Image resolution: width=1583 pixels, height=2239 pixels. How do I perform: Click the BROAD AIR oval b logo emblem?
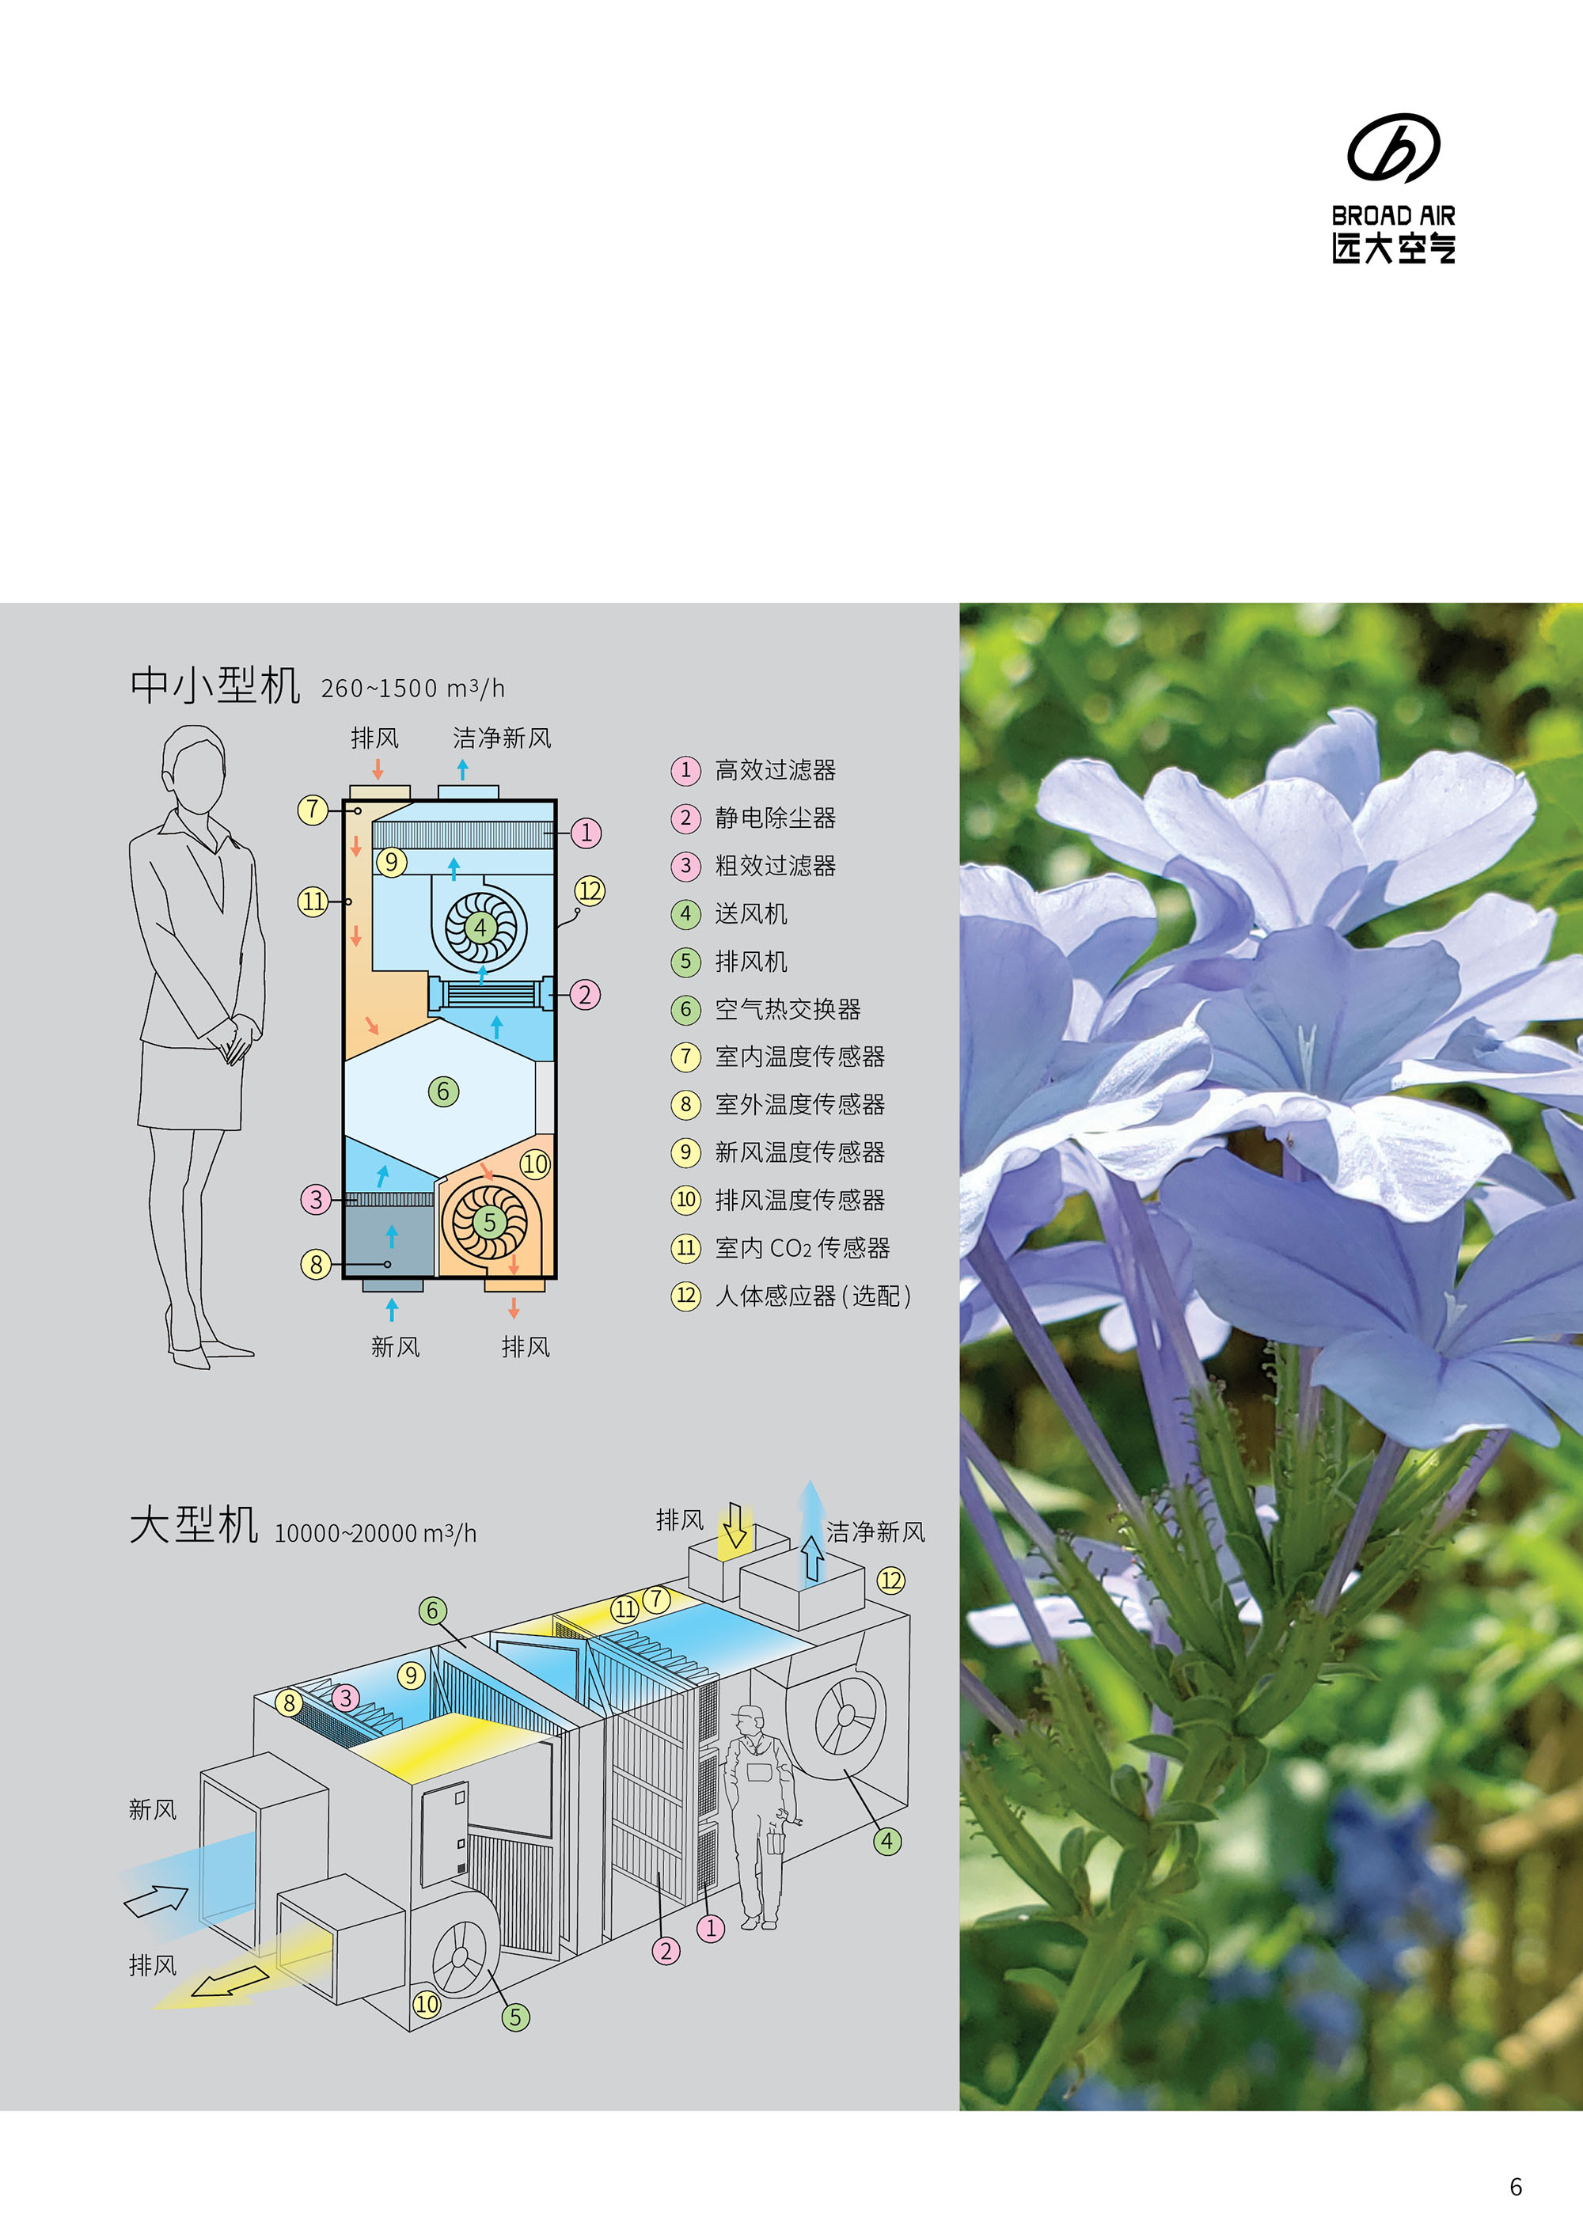pos(1394,148)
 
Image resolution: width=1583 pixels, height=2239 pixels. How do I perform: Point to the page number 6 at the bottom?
pos(1516,2186)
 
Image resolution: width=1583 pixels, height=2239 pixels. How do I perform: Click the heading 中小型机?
pos(214,685)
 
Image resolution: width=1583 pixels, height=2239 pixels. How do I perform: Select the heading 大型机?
pos(193,1524)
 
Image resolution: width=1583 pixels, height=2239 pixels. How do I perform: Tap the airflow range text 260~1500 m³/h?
pos(412,689)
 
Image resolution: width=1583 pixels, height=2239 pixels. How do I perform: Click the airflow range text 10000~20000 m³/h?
pos(375,1533)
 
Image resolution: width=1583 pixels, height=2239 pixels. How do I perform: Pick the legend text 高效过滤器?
pos(776,770)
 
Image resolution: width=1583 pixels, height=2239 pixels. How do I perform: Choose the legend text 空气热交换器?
pos(788,1009)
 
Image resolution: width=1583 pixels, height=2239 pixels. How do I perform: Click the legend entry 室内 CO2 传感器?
pos(803,1248)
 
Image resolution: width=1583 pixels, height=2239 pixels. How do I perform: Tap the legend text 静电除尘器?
pos(776,818)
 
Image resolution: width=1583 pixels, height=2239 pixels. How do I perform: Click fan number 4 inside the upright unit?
pos(480,927)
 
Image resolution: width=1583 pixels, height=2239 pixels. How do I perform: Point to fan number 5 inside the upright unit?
pos(490,1222)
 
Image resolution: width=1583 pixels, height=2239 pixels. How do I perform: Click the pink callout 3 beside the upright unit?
pos(316,1198)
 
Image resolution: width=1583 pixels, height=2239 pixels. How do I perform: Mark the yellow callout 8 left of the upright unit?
pos(316,1264)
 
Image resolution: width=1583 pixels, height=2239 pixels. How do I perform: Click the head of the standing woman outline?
pos(194,769)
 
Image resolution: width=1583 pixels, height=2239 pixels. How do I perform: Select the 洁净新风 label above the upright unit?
pos(501,738)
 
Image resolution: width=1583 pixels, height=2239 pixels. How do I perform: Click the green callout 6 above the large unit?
pos(432,1610)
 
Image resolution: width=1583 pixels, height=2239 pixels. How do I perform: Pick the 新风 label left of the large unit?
pos(153,1809)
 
